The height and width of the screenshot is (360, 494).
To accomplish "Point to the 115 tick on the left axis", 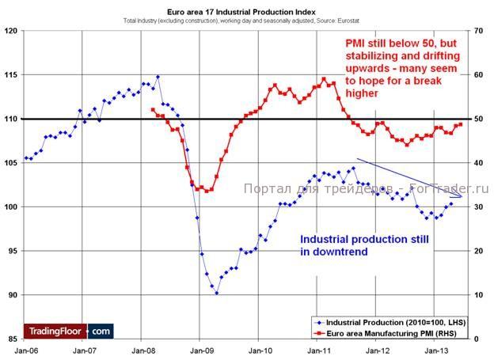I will click(x=10, y=74).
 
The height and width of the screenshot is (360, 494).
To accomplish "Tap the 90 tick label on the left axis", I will click(x=12, y=295).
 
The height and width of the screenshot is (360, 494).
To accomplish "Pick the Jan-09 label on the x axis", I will click(x=200, y=349).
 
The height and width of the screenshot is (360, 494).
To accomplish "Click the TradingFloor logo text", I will click(x=55, y=330).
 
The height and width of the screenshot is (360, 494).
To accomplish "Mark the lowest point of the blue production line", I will click(x=216, y=293).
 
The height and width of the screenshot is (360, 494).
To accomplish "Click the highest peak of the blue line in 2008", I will click(x=158, y=77).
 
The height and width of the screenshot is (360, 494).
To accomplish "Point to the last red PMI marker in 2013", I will click(x=461, y=124).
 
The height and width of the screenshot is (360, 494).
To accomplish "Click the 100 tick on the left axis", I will click(x=10, y=207).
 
